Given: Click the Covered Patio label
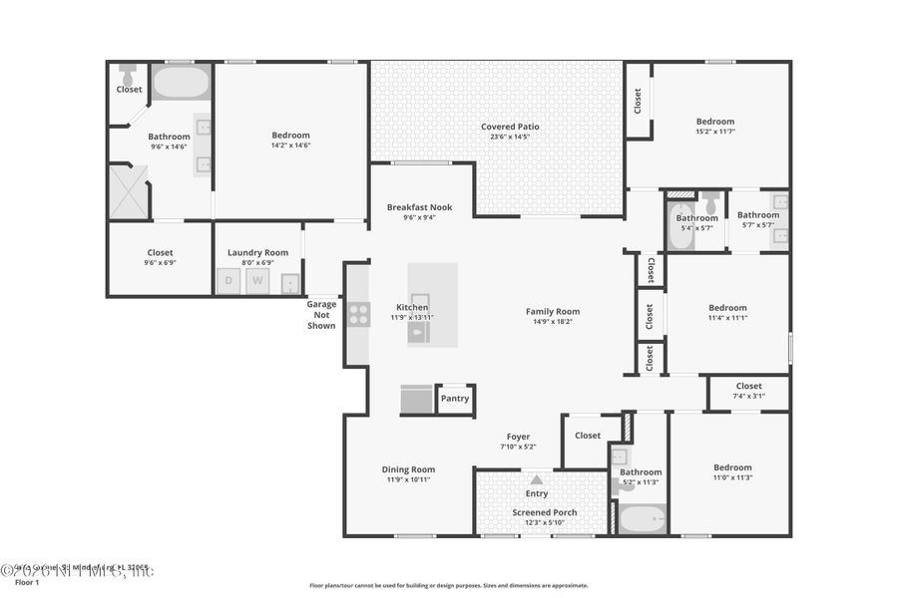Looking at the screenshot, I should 510,127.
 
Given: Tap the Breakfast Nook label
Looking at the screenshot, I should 419,207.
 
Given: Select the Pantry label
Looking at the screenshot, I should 455,399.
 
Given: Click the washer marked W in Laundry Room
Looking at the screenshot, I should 256,281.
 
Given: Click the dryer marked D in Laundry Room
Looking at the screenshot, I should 228,281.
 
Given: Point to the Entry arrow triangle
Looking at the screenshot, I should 537,479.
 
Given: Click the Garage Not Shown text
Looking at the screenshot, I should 321,315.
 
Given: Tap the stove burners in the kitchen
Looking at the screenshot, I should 358,315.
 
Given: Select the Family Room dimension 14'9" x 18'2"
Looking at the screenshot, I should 553,322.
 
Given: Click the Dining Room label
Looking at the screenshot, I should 408,469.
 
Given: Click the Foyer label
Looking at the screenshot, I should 518,437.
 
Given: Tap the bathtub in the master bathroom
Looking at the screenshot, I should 181,82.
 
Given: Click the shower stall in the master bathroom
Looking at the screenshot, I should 128,191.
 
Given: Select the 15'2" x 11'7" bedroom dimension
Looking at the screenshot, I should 714,132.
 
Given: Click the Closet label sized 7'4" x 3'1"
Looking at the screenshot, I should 748,386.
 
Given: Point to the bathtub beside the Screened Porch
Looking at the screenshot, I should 642,519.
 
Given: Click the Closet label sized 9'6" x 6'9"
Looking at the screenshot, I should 160,253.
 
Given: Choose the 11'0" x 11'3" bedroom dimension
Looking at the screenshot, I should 732,477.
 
